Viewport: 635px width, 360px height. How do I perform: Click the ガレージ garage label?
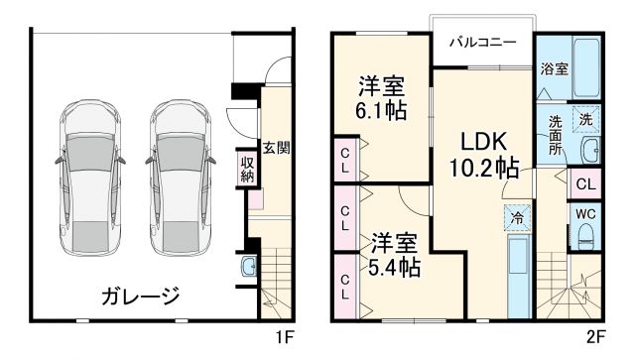138,295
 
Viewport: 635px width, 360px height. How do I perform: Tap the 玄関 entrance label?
277,148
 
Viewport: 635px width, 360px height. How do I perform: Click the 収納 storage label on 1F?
247,168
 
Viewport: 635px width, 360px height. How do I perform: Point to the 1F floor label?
285,337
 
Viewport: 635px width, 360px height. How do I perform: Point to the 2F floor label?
596,337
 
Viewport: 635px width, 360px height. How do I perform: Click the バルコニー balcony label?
482,43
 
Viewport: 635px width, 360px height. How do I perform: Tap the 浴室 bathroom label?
555,69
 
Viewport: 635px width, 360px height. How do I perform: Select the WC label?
584,211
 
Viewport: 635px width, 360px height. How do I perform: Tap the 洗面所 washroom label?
556,135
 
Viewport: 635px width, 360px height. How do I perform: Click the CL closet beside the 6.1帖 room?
344,160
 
